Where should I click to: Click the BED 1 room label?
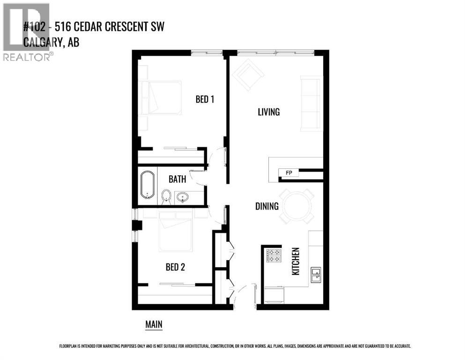pyautogui.click(x=205, y=99)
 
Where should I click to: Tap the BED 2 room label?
pyautogui.click(x=175, y=267)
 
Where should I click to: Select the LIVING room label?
pyautogui.click(x=269, y=112)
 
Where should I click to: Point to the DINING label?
pyautogui.click(x=267, y=206)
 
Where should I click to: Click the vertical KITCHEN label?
pyautogui.click(x=295, y=261)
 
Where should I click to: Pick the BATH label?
pyautogui.click(x=177, y=179)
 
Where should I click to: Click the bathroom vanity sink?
pyautogui.click(x=183, y=197)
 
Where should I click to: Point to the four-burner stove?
pyautogui.click(x=273, y=255)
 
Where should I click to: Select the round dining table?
pyautogui.click(x=296, y=206)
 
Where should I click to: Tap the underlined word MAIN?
pyautogui.click(x=154, y=324)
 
